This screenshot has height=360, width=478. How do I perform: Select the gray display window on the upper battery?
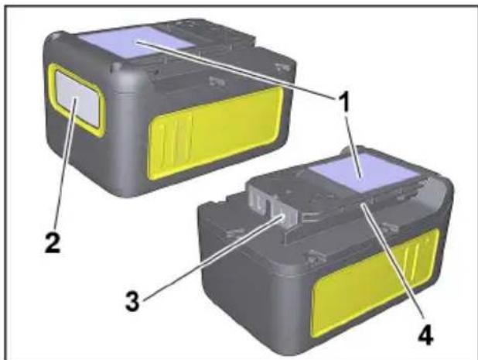(x=75, y=105)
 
